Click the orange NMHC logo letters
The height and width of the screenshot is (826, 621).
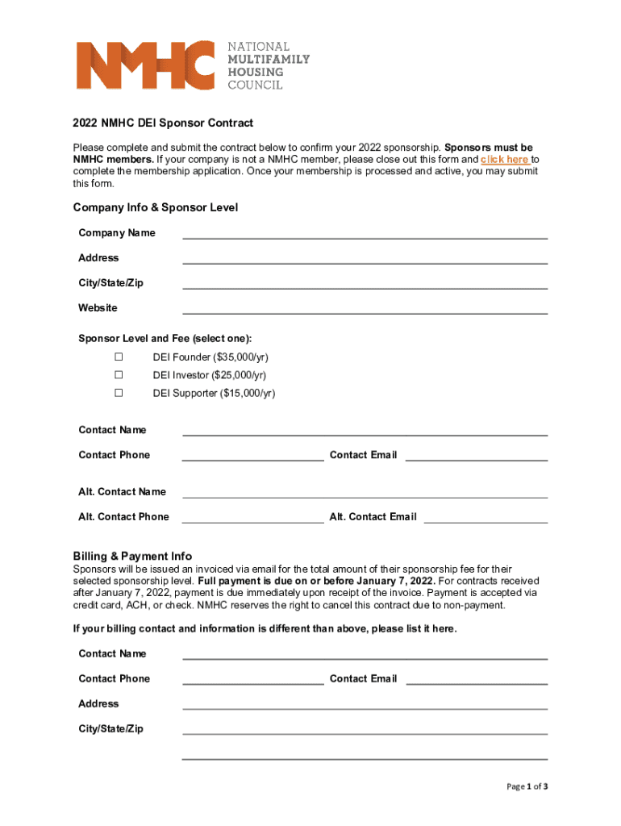click(145, 65)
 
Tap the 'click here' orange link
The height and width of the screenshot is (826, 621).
click(505, 160)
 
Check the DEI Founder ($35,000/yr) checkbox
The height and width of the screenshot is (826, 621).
click(119, 357)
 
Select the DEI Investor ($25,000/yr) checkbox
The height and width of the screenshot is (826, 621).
click(119, 375)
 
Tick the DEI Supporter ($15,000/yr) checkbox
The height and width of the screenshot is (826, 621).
click(119, 393)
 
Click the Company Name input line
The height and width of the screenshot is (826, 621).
click(365, 235)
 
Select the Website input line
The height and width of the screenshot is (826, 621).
click(365, 310)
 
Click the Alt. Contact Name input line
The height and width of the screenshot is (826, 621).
click(365, 494)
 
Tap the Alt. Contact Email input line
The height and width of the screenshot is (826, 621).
click(486, 519)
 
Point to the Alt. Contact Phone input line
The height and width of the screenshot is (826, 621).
click(252, 519)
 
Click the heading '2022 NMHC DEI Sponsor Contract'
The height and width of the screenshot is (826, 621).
click(163, 123)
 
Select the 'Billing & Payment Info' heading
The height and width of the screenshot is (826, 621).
click(132, 557)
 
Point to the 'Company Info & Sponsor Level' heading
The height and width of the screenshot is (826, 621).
click(156, 208)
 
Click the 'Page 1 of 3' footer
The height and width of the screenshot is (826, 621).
click(527, 786)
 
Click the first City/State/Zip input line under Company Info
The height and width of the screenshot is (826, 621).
click(365, 285)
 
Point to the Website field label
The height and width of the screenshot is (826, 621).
click(98, 308)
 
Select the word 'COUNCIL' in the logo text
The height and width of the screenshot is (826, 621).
click(255, 85)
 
